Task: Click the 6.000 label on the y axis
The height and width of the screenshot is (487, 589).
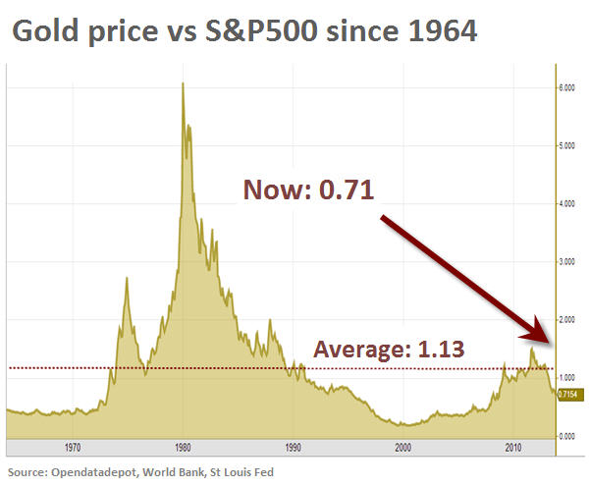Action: (568, 88)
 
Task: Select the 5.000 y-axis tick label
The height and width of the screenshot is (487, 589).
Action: (568, 146)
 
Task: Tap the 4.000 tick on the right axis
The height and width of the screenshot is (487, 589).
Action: (568, 204)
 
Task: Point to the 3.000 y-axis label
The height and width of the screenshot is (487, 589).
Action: (568, 262)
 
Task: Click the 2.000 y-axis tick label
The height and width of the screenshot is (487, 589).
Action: (568, 320)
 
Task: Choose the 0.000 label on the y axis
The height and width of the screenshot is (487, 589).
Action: (568, 435)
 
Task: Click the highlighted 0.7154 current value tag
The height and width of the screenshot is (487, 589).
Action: (569, 394)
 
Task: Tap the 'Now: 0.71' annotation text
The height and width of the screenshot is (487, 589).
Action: (309, 190)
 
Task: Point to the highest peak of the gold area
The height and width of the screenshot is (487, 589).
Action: (183, 83)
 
